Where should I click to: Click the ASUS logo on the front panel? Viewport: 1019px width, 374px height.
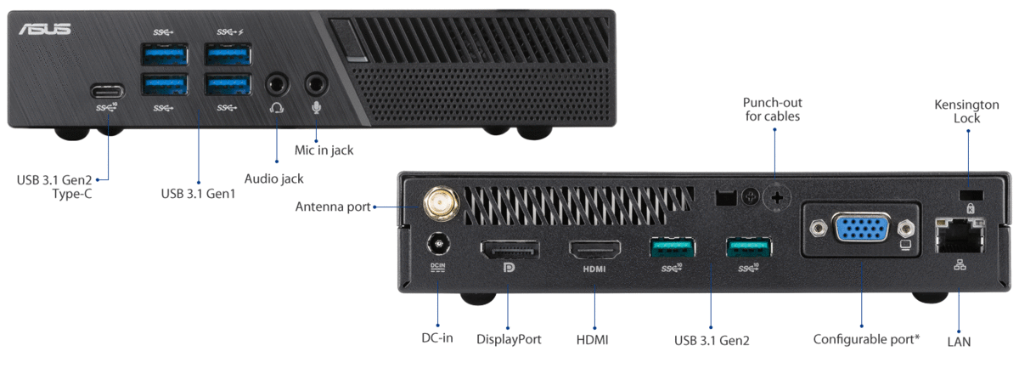(x=45, y=30)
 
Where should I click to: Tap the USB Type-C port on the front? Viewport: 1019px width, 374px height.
(x=108, y=90)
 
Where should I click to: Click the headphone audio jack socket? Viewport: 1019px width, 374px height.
(x=277, y=84)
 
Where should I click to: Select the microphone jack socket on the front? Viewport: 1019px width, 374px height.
(x=317, y=84)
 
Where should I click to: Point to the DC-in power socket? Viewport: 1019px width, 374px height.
(x=439, y=246)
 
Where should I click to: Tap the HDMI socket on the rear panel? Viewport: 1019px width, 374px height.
(x=594, y=250)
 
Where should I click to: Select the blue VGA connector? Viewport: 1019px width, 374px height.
(x=862, y=229)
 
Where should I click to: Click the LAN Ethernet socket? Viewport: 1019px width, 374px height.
(x=958, y=235)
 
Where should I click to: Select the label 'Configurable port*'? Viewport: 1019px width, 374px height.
(x=866, y=339)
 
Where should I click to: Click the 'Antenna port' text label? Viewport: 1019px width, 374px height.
(x=332, y=207)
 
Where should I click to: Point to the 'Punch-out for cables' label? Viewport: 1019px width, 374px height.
(x=773, y=108)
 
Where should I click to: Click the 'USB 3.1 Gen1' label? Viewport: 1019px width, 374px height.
(x=198, y=194)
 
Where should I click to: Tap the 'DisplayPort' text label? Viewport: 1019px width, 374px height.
(x=509, y=339)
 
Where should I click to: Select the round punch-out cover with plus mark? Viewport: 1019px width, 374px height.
(x=776, y=198)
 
